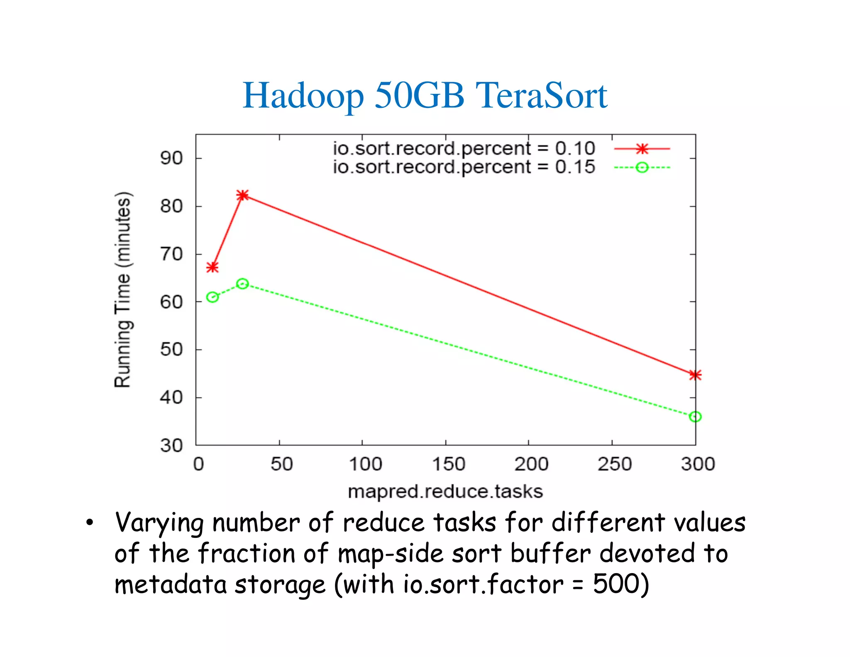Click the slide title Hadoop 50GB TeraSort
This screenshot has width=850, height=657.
[425, 96]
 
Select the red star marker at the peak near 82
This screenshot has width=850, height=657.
[242, 195]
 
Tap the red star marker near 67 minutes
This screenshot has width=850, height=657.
[212, 267]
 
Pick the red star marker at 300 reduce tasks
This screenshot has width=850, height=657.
[695, 375]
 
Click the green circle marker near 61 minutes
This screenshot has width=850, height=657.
[212, 297]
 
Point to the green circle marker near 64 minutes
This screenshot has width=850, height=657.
[242, 284]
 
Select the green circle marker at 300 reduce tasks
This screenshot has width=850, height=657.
[695, 417]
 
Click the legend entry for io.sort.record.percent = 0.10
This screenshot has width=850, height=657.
[464, 149]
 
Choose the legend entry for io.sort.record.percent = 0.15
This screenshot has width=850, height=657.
[464, 167]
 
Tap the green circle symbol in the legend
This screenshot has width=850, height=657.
[642, 167]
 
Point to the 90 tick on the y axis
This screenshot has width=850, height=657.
[171, 158]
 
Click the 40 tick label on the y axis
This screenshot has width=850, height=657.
[171, 397]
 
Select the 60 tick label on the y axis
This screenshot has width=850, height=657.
[171, 302]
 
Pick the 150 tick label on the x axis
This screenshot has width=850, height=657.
[448, 464]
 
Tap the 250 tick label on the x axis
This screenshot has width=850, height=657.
[614, 464]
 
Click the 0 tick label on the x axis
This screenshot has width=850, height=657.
[198, 464]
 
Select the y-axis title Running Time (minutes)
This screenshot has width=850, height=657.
[122, 290]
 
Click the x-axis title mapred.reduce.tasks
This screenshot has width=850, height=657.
[445, 492]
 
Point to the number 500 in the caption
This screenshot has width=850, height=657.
[616, 584]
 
